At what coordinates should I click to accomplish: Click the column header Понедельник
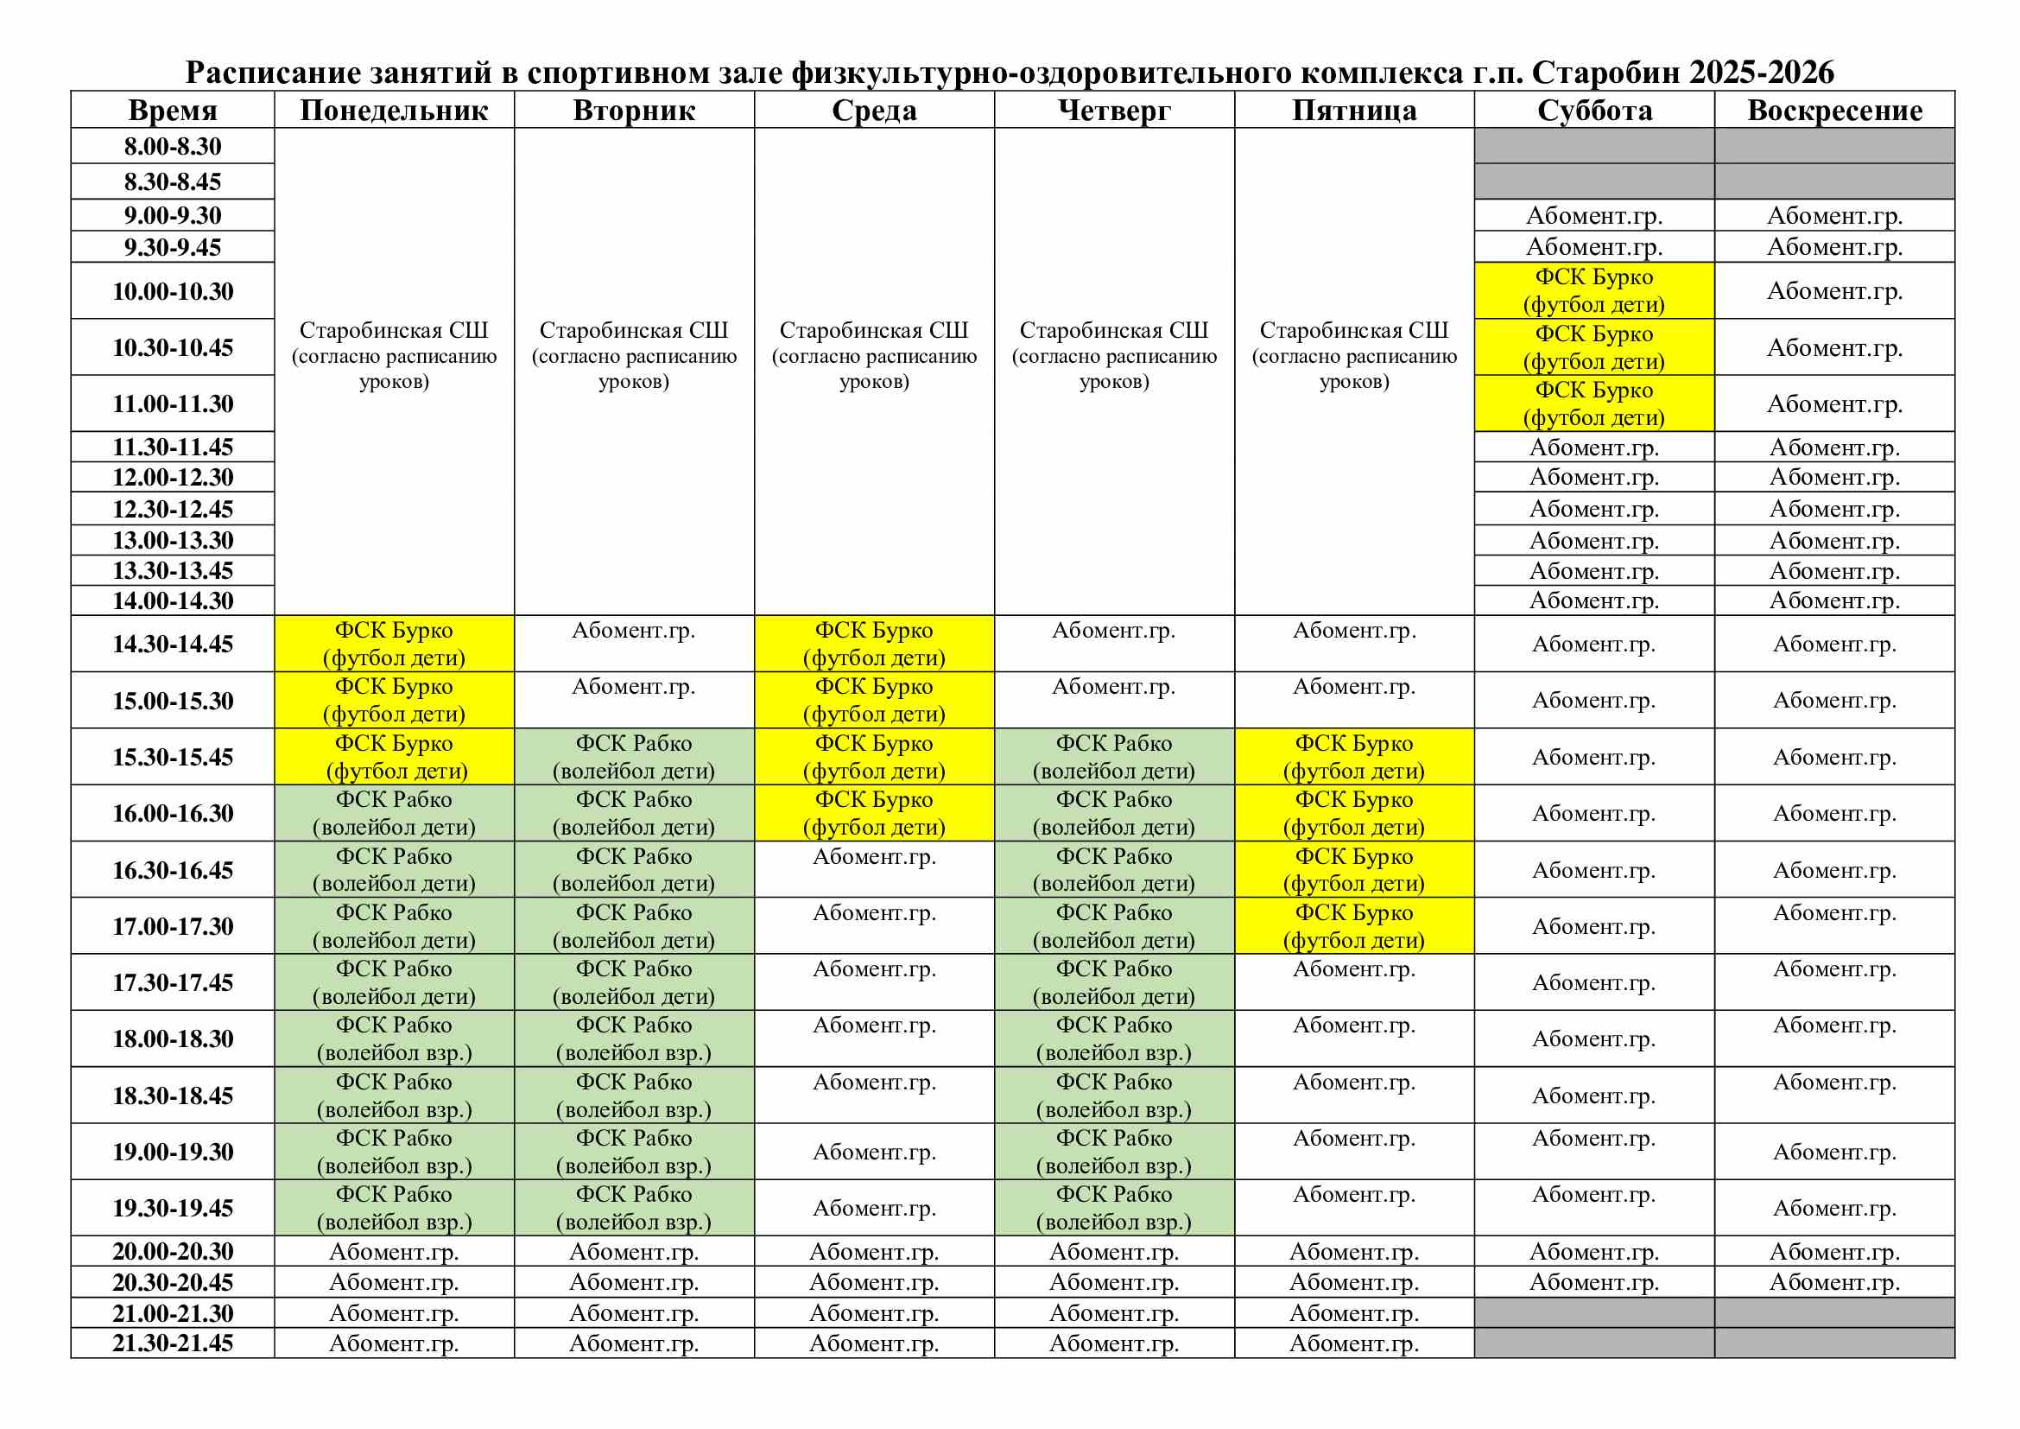pos(393,110)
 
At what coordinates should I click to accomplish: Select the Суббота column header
pos(1594,110)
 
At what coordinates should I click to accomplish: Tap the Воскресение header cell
pos(1834,110)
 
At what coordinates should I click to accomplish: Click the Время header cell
pos(173,110)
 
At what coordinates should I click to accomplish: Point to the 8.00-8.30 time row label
pos(173,146)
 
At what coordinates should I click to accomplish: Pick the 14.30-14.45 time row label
pos(173,645)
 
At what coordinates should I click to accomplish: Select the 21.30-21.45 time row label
pos(173,1343)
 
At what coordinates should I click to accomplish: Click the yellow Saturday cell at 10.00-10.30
pos(1594,290)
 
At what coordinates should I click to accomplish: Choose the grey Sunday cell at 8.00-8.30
pos(1834,146)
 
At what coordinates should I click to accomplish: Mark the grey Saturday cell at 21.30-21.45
pos(1594,1343)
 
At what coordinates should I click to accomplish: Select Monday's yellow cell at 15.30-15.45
pos(393,757)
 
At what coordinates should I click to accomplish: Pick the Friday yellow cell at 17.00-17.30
pos(1354,925)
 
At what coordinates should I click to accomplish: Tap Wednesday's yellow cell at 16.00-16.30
pos(874,813)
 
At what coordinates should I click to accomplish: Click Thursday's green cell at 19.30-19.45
pos(1114,1207)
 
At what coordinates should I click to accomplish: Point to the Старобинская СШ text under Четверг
pos(1114,331)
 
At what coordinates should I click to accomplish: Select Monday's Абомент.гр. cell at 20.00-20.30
pos(393,1251)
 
